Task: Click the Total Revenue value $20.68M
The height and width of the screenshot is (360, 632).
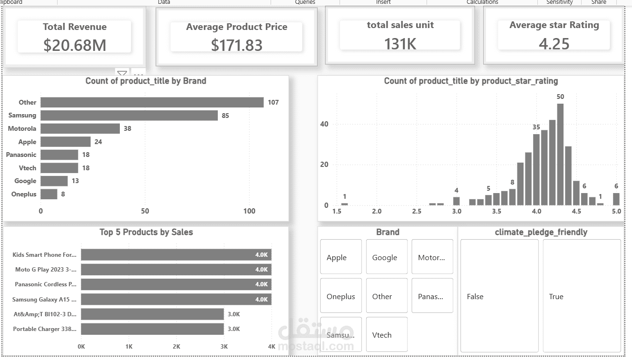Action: tap(75, 45)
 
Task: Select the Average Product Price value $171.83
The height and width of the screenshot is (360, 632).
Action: tap(236, 45)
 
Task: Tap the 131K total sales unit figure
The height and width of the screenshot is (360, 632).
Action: tap(400, 44)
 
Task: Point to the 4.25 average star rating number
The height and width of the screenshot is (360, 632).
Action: tap(554, 44)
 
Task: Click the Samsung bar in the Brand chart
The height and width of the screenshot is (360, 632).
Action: tap(129, 116)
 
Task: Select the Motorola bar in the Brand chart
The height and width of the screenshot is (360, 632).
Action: tap(80, 128)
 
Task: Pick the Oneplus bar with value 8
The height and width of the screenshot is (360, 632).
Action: tap(49, 194)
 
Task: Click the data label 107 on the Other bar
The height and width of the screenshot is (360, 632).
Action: tap(273, 102)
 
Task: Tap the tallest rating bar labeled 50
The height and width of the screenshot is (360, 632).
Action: tap(560, 155)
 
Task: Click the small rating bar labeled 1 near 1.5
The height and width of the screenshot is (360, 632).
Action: tap(345, 204)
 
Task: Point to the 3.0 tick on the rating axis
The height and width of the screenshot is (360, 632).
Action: tap(457, 211)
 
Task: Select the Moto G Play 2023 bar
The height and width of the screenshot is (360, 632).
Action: tap(176, 270)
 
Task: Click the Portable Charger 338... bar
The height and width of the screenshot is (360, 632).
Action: tap(152, 329)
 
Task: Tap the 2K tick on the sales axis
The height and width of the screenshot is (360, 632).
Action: tap(176, 347)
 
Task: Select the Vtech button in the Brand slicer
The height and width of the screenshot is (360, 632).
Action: tap(387, 335)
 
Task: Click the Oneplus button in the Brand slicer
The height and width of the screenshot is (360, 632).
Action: tap(340, 296)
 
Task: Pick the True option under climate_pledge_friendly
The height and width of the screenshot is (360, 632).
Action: tap(581, 296)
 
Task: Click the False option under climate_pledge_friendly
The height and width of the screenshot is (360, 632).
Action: tap(499, 296)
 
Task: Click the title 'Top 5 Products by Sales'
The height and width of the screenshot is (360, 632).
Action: tap(146, 232)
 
